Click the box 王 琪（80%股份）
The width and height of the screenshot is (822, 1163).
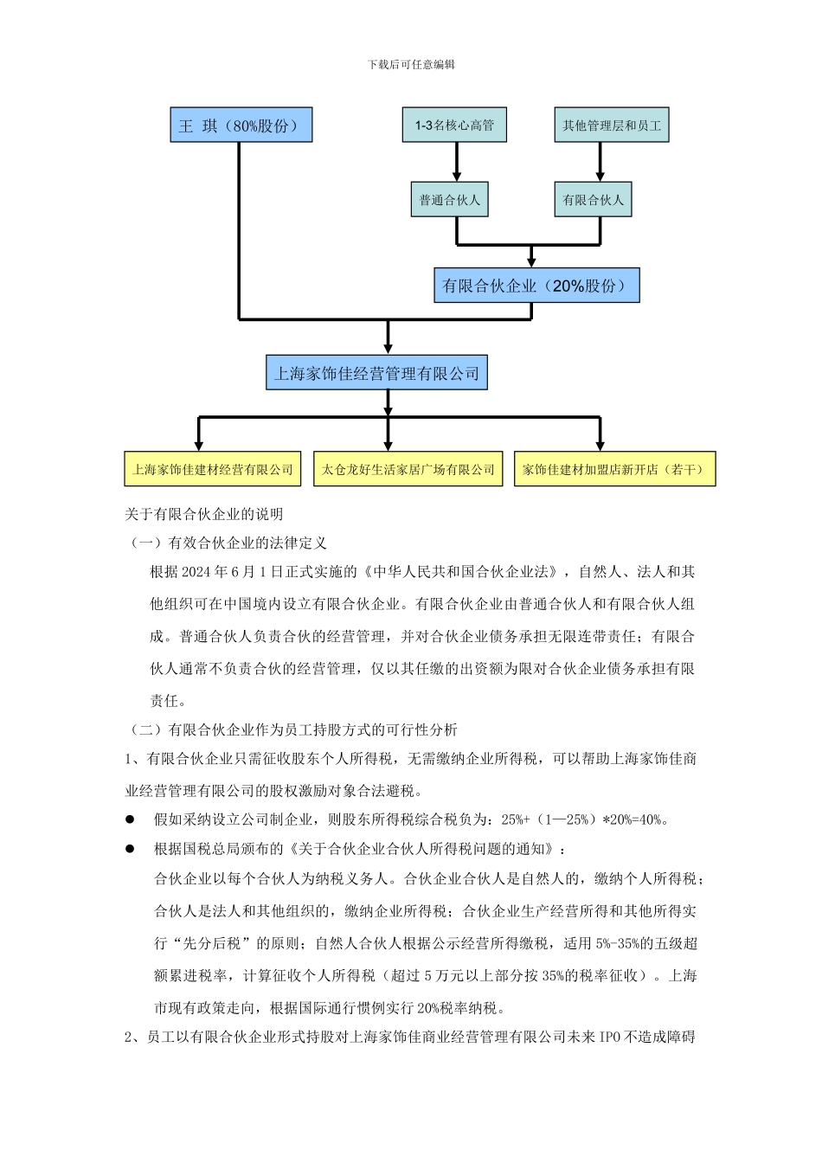coord(241,125)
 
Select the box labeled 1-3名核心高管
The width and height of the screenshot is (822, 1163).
coord(454,125)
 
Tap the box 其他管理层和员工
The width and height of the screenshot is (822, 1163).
coord(611,125)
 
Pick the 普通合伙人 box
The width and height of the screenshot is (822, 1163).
coord(449,200)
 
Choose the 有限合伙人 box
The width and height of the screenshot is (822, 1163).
coord(593,200)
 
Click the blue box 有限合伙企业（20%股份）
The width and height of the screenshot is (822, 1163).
coord(536,286)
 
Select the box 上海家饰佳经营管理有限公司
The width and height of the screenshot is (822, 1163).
coord(376,374)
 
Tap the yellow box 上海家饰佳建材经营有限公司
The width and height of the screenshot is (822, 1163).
coord(213,470)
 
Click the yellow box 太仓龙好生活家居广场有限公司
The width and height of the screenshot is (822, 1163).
coord(408,470)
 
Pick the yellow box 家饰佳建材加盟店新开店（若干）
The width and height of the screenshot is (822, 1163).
coord(614,470)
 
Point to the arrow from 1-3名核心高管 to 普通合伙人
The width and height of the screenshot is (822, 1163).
coord(457,162)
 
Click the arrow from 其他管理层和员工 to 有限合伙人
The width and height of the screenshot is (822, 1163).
coord(600,162)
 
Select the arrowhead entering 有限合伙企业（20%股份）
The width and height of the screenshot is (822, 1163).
coord(531,261)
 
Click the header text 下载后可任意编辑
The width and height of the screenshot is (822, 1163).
coord(411,65)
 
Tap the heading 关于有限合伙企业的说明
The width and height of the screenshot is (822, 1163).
coord(204,515)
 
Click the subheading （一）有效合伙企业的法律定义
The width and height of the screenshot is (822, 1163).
coord(227,543)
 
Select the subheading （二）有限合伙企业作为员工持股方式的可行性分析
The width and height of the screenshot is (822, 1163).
coord(292,730)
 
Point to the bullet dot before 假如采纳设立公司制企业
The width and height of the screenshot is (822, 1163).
coord(131,819)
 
